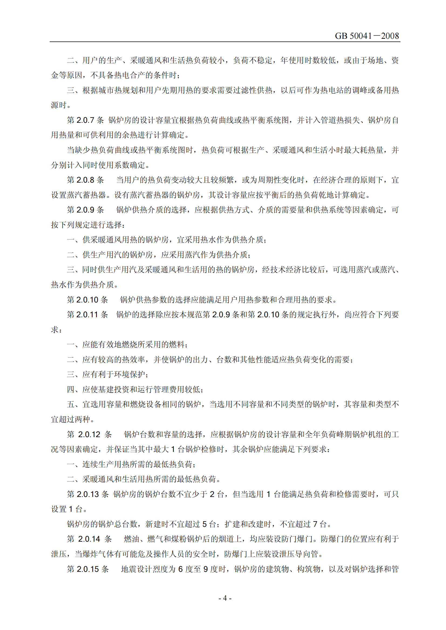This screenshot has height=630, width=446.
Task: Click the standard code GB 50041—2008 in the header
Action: click(367, 36)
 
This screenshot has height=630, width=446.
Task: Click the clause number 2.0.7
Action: click(85, 120)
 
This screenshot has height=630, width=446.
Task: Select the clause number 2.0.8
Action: click(85, 180)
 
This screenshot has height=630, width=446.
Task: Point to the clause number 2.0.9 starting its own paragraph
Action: click(85, 210)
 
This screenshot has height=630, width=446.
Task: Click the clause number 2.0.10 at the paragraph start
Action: click(87, 300)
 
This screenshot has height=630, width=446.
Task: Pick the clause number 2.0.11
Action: click(87, 315)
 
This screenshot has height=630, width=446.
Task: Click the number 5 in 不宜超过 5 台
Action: click(205, 524)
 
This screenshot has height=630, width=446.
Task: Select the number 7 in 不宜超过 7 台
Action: click(315, 524)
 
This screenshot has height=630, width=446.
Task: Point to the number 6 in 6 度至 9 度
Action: click(180, 569)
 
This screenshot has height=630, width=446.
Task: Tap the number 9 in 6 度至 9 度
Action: click(206, 569)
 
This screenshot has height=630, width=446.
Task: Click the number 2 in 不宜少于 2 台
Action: click(212, 494)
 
